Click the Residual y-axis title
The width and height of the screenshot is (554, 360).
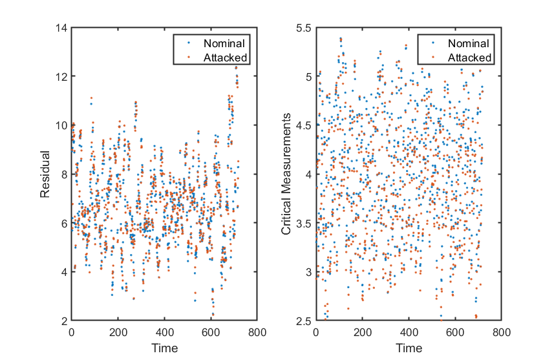[46, 174]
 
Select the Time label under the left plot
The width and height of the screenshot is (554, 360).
[164, 348]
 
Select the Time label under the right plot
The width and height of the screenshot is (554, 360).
[408, 348]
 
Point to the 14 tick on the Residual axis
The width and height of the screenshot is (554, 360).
[61, 28]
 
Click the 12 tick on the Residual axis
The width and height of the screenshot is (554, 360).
[61, 76]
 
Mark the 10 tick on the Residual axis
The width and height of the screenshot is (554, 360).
[61, 125]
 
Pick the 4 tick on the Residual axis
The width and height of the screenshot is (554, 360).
[64, 271]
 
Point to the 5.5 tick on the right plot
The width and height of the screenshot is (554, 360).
[304, 28]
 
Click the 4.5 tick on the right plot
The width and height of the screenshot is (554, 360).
[304, 125]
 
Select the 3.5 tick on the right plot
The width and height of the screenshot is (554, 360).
[304, 223]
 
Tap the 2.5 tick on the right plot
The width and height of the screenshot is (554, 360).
[304, 321]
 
